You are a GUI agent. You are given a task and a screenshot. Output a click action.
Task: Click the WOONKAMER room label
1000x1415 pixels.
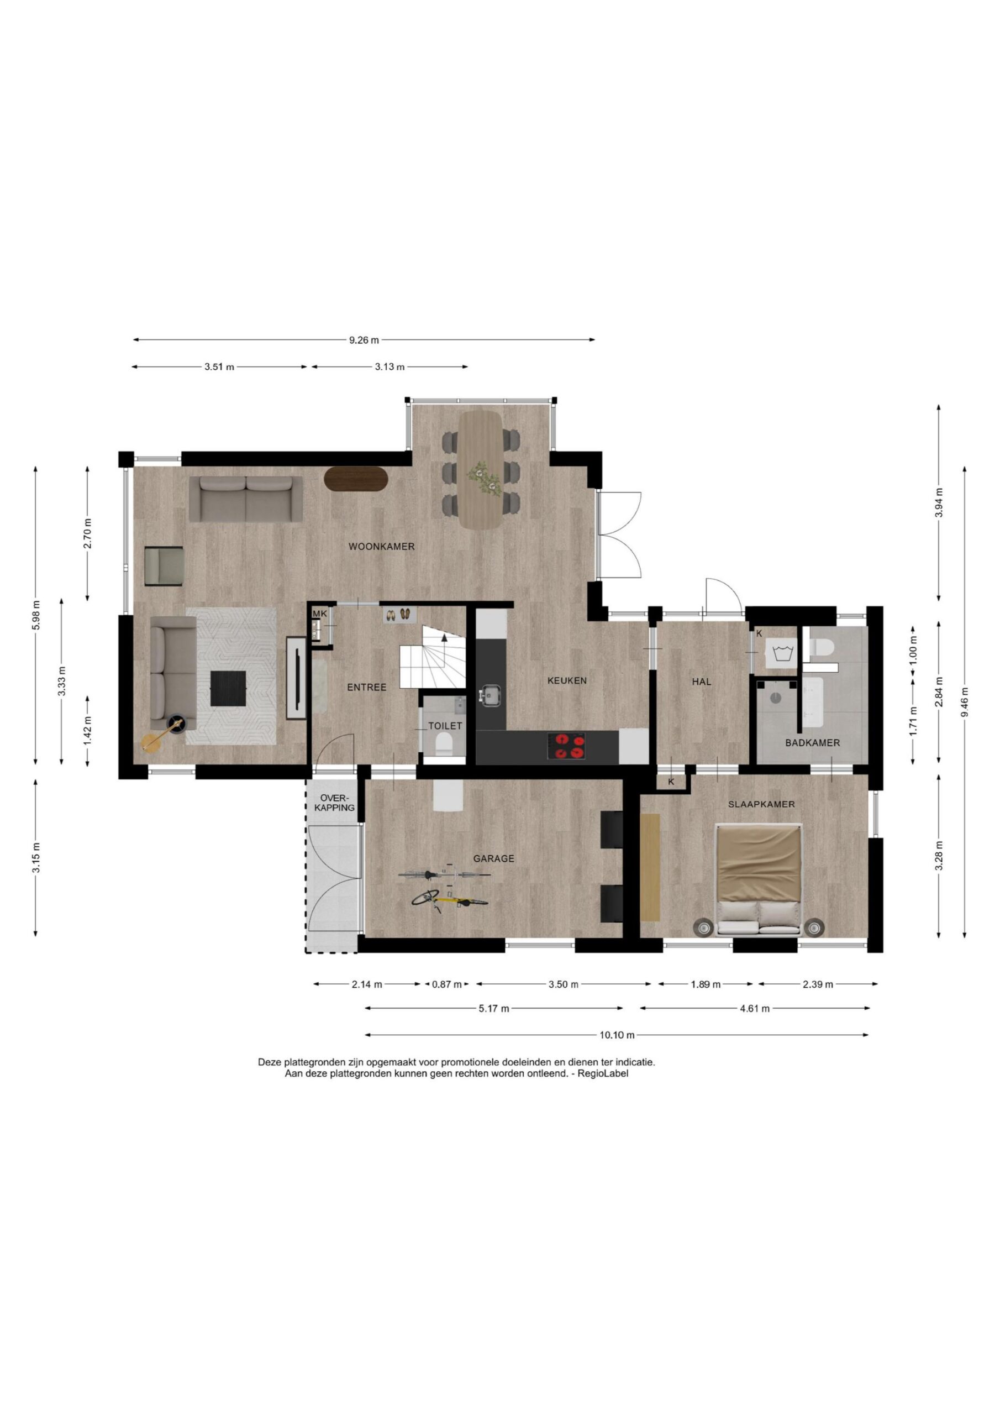381,547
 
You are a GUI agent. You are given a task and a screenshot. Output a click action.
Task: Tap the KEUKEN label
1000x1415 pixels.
567,681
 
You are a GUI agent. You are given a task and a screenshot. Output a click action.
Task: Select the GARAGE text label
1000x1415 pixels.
493,858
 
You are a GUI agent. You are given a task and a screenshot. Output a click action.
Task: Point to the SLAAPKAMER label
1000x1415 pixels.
761,804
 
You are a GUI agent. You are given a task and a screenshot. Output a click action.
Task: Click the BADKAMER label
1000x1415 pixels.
812,743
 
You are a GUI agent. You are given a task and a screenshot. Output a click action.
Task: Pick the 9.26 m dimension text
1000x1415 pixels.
364,339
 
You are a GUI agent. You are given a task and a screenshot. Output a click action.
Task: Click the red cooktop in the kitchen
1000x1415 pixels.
566,746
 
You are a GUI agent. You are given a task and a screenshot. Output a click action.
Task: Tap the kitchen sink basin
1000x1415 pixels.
491,695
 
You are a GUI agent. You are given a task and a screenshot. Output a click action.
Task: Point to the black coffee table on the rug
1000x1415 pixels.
228,688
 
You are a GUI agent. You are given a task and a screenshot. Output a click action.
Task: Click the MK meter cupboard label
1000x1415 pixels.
320,614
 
